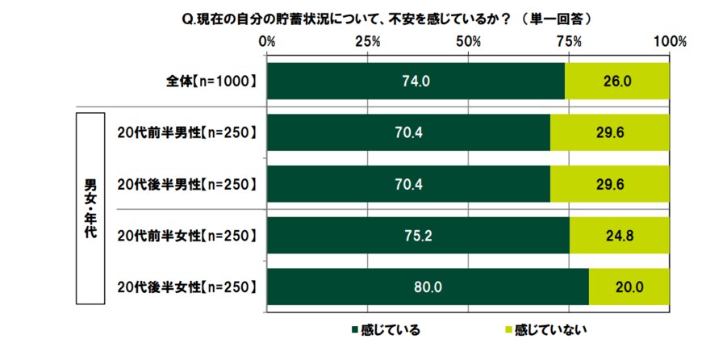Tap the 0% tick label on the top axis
point(267,40)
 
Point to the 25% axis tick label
point(367,40)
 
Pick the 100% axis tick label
point(669,40)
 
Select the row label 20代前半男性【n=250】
point(187,132)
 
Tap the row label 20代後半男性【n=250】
point(187,184)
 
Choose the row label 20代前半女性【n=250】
point(187,236)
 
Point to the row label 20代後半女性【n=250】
point(187,287)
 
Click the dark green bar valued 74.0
point(416,82)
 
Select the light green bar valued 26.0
point(617,82)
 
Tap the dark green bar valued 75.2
point(418,236)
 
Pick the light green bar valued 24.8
point(620,236)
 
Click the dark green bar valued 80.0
point(428,287)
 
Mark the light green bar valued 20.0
point(629,287)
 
